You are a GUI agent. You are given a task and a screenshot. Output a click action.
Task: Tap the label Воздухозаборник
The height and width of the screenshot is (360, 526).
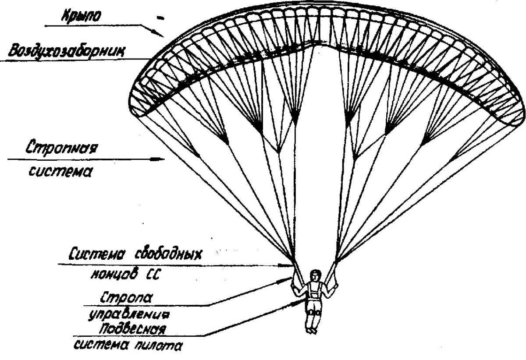[x=66, y=51]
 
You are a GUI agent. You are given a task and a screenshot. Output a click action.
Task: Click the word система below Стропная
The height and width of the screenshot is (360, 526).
[x=60, y=171]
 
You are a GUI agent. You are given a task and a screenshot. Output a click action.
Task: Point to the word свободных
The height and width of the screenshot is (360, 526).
[x=168, y=254]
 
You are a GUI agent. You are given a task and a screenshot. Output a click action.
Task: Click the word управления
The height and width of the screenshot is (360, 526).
[x=128, y=315]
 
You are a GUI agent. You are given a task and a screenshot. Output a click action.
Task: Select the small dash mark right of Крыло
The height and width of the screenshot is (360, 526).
[x=160, y=18]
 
